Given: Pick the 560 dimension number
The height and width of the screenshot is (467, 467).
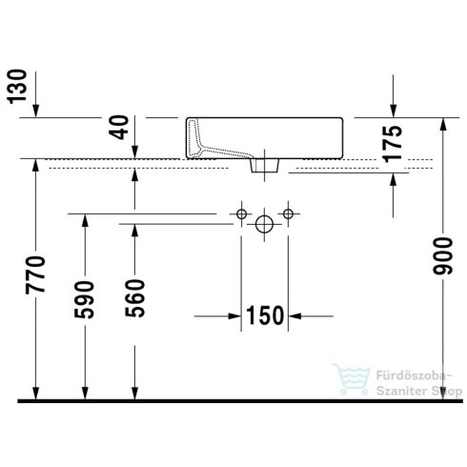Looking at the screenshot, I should (134, 299).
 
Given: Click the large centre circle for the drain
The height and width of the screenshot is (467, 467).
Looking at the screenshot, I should (263, 224).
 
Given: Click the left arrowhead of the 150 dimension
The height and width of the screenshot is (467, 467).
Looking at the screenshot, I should (233, 315).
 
